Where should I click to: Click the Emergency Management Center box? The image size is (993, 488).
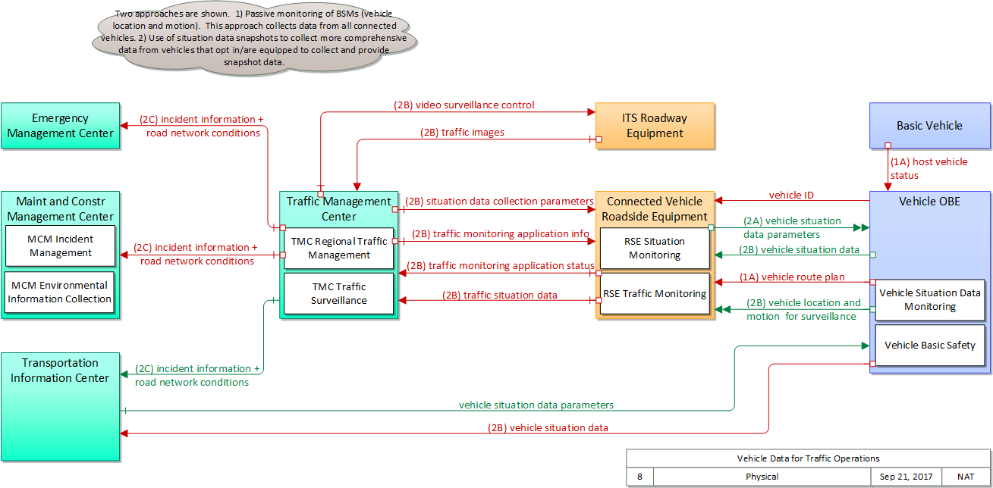[60, 126]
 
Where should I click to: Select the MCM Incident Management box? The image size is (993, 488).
[61, 246]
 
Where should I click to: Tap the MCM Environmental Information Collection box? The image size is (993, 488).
[60, 292]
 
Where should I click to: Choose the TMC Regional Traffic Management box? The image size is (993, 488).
[339, 249]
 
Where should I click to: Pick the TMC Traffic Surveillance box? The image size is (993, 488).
[339, 293]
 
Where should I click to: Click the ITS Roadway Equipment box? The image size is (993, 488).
[655, 126]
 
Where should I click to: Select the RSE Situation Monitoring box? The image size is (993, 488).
[655, 249]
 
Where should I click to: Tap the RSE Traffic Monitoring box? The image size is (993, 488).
[655, 294]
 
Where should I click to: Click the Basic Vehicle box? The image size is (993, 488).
[929, 126]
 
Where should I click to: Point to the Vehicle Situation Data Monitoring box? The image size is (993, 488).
[929, 300]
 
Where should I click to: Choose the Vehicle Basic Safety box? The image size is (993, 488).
[929, 346]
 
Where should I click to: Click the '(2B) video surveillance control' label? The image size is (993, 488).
[464, 105]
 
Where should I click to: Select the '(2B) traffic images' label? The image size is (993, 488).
[462, 132]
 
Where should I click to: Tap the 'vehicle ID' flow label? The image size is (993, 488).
[791, 196]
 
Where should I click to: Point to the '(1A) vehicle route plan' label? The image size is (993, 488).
[792, 277]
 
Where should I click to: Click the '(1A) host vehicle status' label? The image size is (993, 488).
[929, 168]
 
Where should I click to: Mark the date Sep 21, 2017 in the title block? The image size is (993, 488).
[906, 477]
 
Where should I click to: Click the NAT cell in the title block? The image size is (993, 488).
[966, 477]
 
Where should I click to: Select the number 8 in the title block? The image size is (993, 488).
[639, 477]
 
